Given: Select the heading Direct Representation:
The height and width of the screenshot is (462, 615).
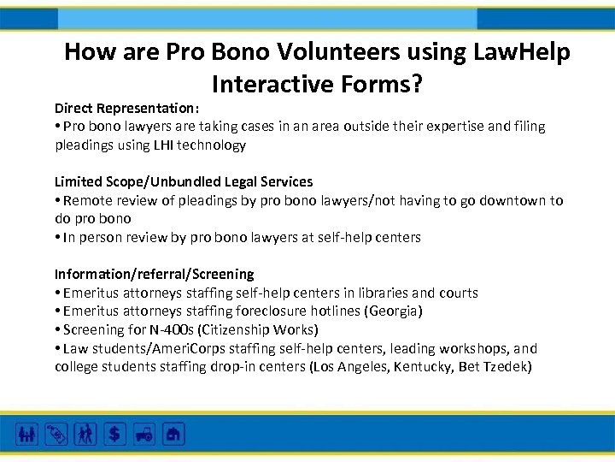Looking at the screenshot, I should coord(127,108).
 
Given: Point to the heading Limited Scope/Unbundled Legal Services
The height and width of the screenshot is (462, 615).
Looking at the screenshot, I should coord(184,181).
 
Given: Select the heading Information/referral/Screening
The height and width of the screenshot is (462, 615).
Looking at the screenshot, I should coord(154,274).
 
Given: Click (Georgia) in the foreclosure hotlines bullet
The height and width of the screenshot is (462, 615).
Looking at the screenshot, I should coord(394,311).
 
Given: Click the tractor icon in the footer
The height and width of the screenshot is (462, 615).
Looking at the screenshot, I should coord(143,434).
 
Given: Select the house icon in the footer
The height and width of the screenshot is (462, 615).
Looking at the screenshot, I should coord(174,434).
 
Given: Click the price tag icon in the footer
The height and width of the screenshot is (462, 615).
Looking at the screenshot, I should coord(56,434).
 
